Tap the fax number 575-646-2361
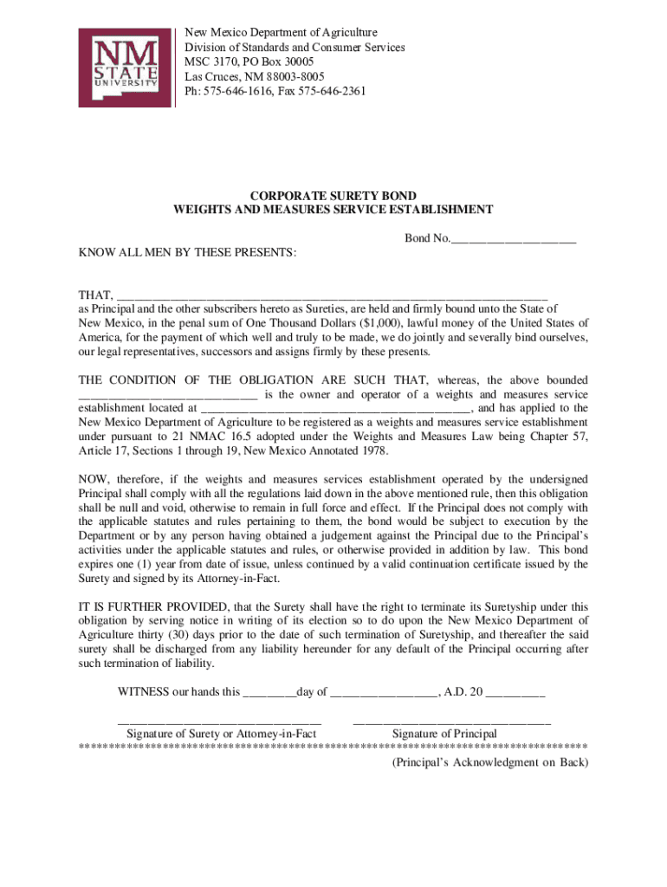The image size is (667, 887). (x=331, y=91)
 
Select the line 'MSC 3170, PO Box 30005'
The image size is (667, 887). (x=249, y=62)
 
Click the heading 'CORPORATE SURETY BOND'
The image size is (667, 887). (x=333, y=197)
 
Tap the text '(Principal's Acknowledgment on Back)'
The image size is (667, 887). (x=489, y=763)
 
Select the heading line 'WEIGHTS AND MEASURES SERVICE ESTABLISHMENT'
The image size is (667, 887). (x=333, y=210)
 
